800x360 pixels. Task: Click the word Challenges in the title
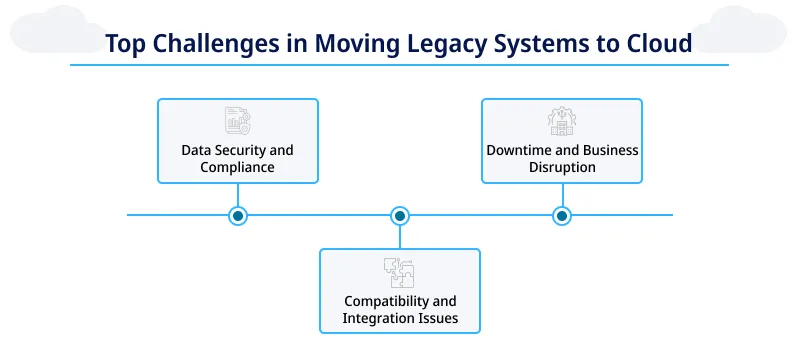(204, 44)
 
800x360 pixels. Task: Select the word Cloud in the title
(659, 44)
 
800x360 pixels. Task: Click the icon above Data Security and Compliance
(237, 121)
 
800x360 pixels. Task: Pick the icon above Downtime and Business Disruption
(561, 121)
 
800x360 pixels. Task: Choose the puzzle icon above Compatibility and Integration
(399, 273)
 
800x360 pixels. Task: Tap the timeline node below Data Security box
(237, 215)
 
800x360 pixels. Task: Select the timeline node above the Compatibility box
(399, 215)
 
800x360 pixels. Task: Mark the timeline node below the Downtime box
(561, 215)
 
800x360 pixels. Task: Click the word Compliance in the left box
(237, 168)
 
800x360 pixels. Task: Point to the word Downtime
(520, 150)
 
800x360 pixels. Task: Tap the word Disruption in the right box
(561, 168)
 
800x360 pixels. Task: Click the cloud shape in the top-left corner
(45, 25)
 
